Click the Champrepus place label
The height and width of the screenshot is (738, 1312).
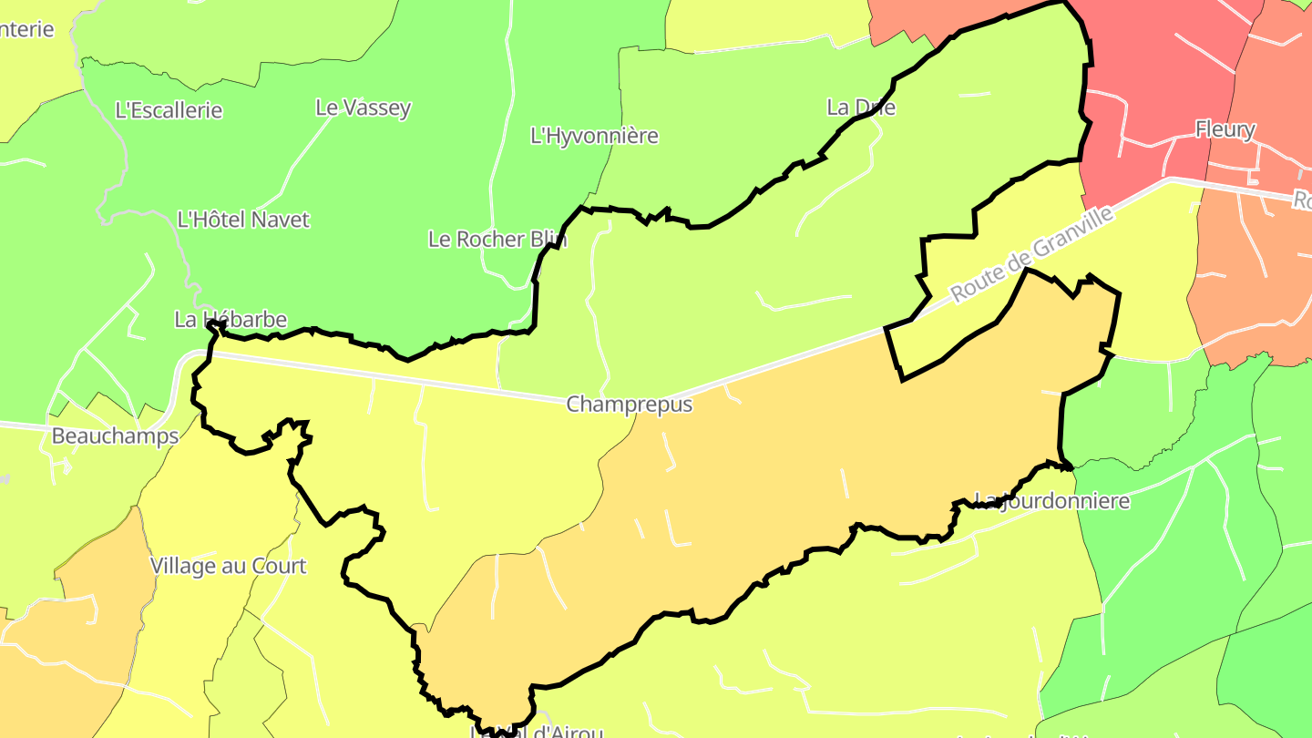[x=629, y=405]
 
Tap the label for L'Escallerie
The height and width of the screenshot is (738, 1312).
[x=169, y=110]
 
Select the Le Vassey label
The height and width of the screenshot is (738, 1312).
[x=363, y=108]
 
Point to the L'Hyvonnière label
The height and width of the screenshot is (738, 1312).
[x=594, y=136]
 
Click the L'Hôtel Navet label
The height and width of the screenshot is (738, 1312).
[x=243, y=220]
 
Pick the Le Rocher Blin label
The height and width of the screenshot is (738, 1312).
[x=497, y=240]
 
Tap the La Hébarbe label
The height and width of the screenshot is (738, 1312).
[x=231, y=320]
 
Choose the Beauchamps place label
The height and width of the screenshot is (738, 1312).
[x=115, y=436]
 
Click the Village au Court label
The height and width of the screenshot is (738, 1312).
[x=228, y=566]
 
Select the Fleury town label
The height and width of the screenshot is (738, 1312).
[x=1225, y=129]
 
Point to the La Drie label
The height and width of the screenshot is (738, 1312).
[x=861, y=108]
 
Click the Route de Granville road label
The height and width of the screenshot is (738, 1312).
[x=1031, y=255]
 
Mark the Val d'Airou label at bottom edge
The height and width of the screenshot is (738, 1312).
[x=538, y=732]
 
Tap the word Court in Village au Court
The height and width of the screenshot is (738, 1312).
[x=279, y=566]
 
